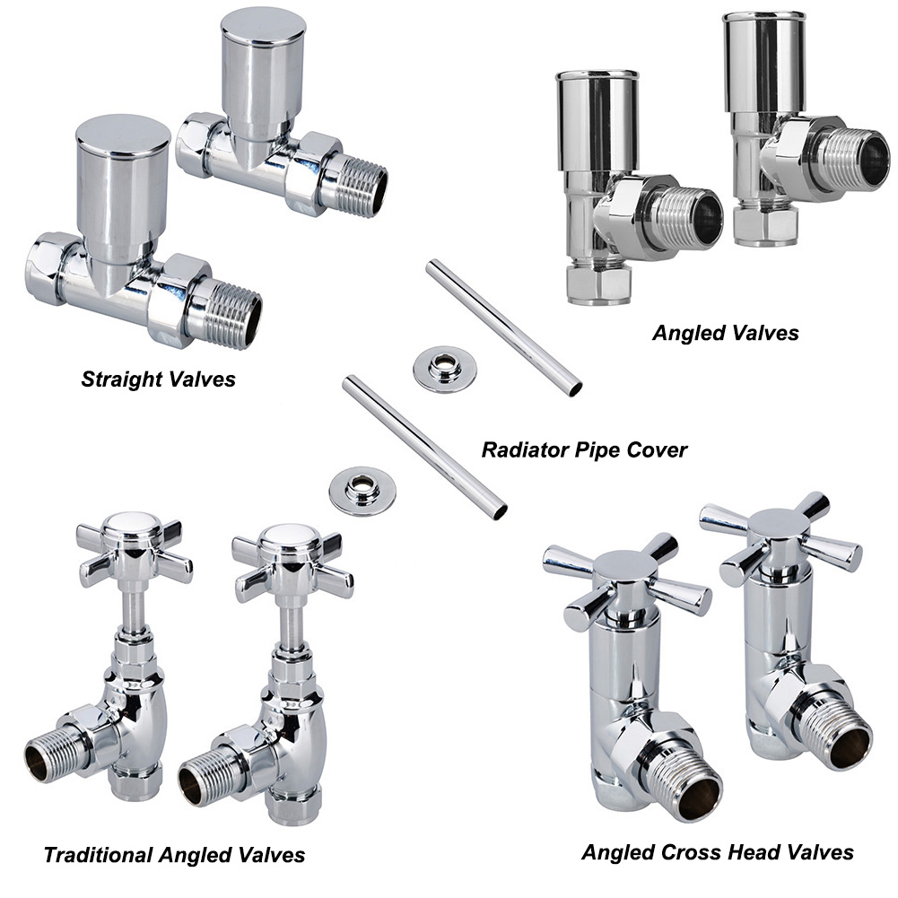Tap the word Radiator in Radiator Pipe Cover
coord(520,450)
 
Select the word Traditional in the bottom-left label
coord(98,855)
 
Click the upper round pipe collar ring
coord(444,369)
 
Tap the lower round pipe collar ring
coord(362,491)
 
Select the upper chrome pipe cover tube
coord(504,328)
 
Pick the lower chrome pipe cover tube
coord(424,448)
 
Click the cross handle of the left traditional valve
coord(135,549)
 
